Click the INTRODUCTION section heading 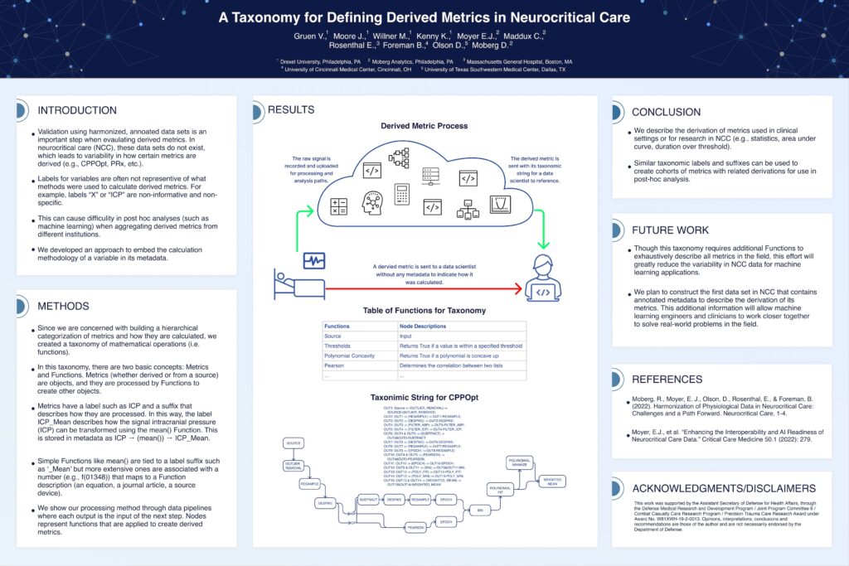[77, 110]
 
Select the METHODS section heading [63, 307]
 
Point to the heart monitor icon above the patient [314, 261]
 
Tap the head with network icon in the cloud [371, 202]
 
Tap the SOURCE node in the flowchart [294, 443]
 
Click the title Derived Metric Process [424, 126]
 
